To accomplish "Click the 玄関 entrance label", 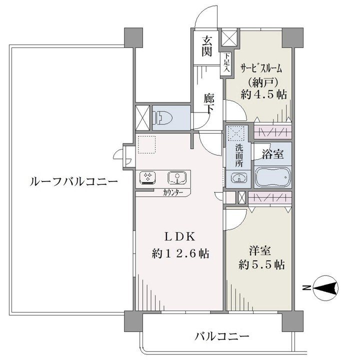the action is click(x=206, y=46).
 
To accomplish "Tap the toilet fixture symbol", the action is click(x=163, y=118).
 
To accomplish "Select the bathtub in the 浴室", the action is click(x=273, y=177).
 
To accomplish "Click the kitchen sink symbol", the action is click(x=177, y=177).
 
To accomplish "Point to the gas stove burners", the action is click(x=147, y=177).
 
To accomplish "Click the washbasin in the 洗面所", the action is click(x=238, y=178).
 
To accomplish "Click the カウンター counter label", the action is click(x=173, y=192).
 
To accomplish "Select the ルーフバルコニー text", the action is click(x=73, y=182).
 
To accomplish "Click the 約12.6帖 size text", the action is click(x=180, y=253).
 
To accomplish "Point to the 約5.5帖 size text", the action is click(x=261, y=265).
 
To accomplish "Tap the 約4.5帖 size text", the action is click(x=264, y=94).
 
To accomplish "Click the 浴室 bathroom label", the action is click(x=273, y=154).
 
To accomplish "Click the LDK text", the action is click(x=180, y=237).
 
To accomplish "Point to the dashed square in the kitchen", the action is click(x=147, y=144).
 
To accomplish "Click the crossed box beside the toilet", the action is click(x=142, y=118).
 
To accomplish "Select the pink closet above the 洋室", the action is click(x=270, y=197).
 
